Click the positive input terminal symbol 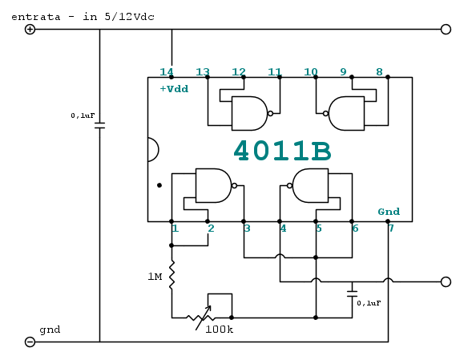[30, 30]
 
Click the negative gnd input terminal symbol [30, 342]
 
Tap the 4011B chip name [282, 151]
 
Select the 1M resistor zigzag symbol [171, 275]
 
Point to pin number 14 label [167, 72]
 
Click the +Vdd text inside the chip [174, 89]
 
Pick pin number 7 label [391, 229]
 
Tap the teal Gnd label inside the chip [389, 212]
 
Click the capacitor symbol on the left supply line [99, 126]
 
